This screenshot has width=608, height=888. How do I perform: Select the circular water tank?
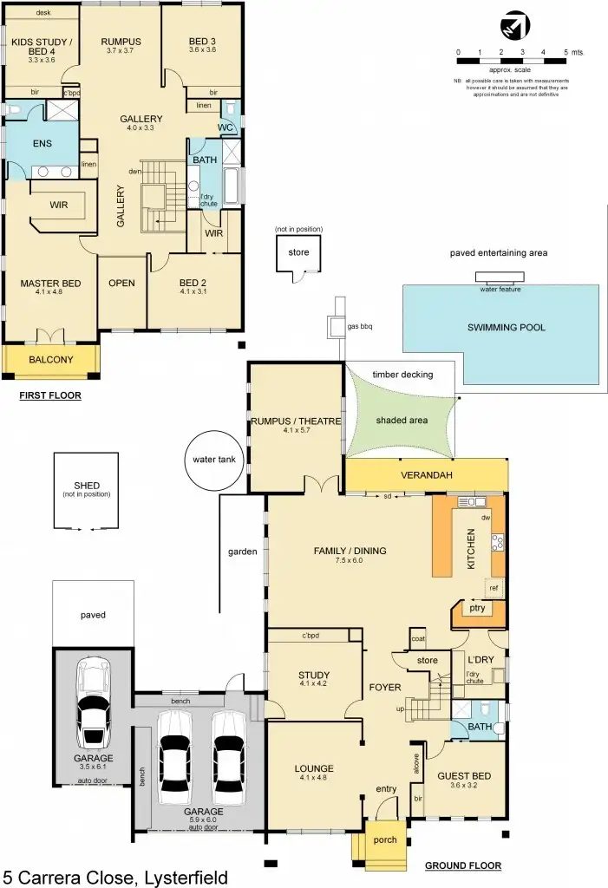pyautogui.click(x=214, y=456)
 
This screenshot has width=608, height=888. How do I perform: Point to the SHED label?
pyautogui.click(x=87, y=485)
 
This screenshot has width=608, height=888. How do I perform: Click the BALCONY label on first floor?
pyautogui.click(x=50, y=359)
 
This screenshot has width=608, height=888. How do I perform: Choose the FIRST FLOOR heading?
pyautogui.click(x=50, y=395)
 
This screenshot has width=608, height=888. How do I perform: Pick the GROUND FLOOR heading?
pyautogui.click(x=462, y=865)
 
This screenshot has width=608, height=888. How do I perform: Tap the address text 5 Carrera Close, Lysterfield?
pyautogui.click(x=115, y=877)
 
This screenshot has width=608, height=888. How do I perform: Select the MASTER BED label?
pyautogui.click(x=50, y=284)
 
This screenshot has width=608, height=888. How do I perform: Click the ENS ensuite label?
pyautogui.click(x=42, y=145)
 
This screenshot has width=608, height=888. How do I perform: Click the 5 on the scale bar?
pyautogui.click(x=566, y=52)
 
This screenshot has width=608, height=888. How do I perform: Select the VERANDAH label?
pyautogui.click(x=426, y=476)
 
